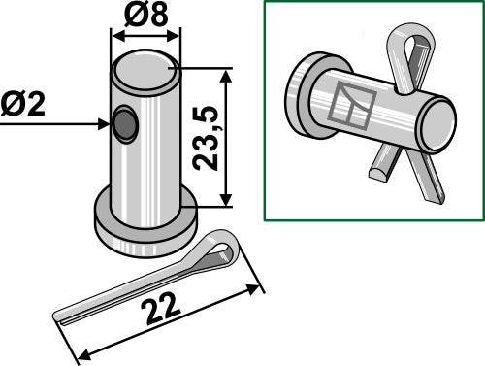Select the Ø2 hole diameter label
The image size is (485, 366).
tap(27, 104)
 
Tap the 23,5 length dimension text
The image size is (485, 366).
tap(207, 138)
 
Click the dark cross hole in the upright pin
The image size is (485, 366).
tap(124, 124)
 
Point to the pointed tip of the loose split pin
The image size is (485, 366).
tap(60, 318)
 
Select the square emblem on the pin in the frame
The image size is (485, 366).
tap(349, 105)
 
